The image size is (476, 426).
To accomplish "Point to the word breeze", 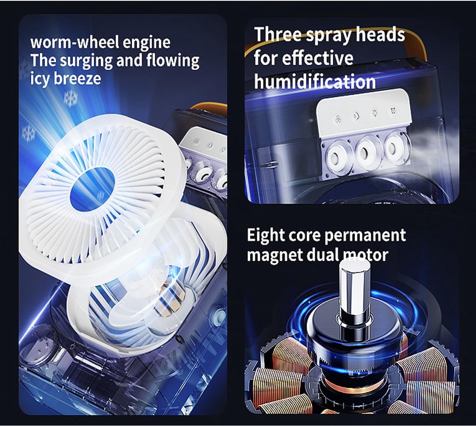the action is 77,78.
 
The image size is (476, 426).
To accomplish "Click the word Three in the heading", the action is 278,35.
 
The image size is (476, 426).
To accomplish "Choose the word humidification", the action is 315,81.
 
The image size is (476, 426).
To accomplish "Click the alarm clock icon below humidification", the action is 393,110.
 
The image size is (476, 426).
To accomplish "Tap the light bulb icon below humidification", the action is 374,113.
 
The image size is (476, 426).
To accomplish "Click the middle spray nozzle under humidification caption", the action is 365,154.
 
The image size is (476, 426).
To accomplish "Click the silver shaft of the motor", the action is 354,288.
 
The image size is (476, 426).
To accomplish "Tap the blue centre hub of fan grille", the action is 92,187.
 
